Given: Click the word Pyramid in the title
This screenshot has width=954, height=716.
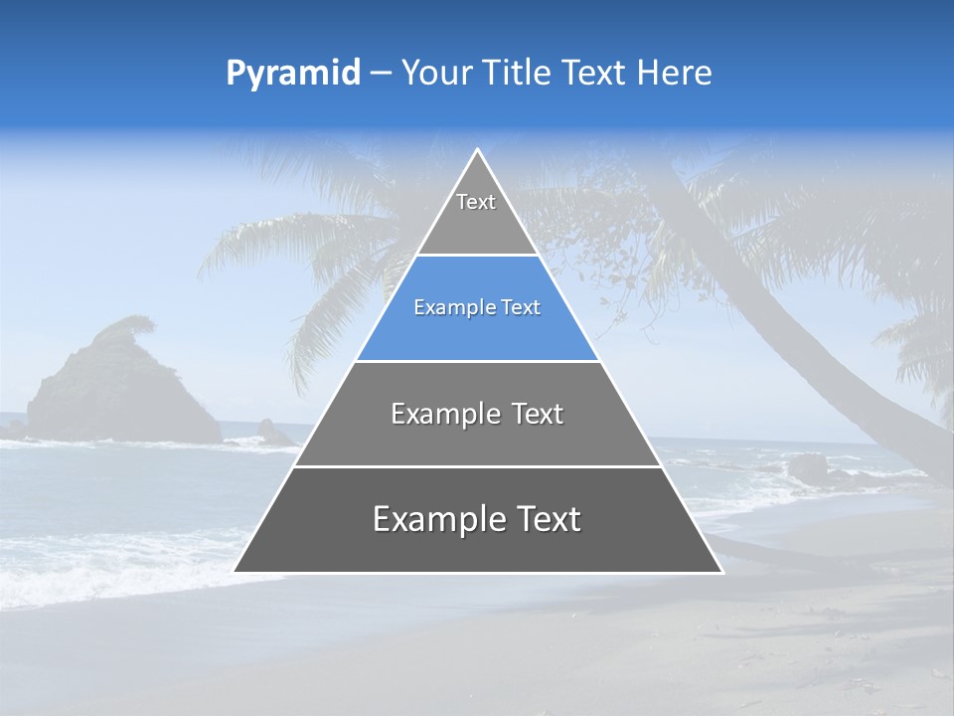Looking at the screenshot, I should [x=293, y=74].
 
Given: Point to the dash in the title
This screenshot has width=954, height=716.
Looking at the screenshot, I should [x=381, y=74].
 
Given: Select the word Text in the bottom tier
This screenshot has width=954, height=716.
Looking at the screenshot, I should [x=546, y=519].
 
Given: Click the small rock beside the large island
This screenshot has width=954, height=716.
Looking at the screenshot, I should [x=270, y=432].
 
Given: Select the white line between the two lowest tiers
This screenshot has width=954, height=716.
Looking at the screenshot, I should [x=477, y=466].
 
